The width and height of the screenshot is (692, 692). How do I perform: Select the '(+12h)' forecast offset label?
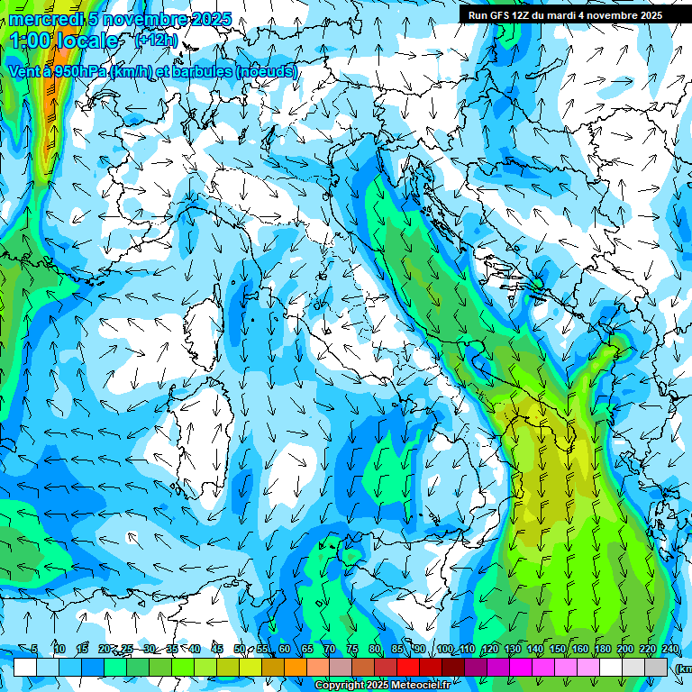pyautogui.click(x=155, y=41)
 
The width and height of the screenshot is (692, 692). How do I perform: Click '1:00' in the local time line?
pyautogui.click(x=31, y=41)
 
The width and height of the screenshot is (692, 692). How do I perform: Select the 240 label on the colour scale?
pyautogui.click(x=669, y=649)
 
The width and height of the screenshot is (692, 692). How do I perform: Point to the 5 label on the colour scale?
pyautogui.click(x=34, y=649)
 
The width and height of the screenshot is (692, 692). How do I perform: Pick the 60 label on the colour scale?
pyautogui.click(x=284, y=649)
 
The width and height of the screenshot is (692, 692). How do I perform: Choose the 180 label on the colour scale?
pyautogui.click(x=602, y=649)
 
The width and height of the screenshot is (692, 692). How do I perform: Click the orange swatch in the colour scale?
pyautogui.click(x=296, y=667)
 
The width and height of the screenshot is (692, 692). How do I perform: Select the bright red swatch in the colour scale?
pyautogui.click(x=408, y=667)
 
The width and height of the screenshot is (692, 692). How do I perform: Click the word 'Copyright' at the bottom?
pyautogui.click(x=339, y=686)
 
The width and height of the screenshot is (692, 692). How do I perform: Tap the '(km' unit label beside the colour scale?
pyautogui.click(x=684, y=668)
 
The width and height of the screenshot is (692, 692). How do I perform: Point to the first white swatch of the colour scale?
pyautogui.click(x=25, y=667)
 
